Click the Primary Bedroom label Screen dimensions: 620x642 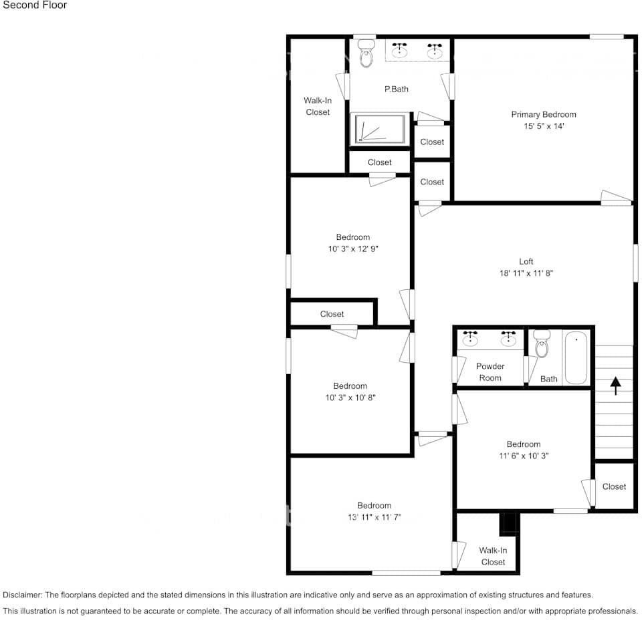click(x=543, y=114)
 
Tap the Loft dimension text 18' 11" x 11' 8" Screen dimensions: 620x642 click(x=526, y=273)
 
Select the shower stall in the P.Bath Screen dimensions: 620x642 click(x=379, y=128)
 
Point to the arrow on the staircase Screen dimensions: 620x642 click(x=615, y=385)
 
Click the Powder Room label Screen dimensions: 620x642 click(x=490, y=372)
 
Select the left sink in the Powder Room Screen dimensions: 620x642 click(x=471, y=338)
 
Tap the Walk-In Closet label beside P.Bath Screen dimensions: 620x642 click(x=318, y=106)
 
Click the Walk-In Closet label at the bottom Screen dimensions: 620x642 click(x=493, y=556)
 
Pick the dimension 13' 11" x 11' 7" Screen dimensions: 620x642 click(x=374, y=517)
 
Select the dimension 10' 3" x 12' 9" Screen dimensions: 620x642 click(x=353, y=249)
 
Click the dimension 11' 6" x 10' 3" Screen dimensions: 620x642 click(x=523, y=456)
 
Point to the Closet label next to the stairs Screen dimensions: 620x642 click(x=614, y=486)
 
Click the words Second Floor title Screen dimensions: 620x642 click(x=35, y=5)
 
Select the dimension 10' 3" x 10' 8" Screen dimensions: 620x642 click(x=350, y=398)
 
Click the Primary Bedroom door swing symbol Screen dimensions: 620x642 click(x=615, y=197)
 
